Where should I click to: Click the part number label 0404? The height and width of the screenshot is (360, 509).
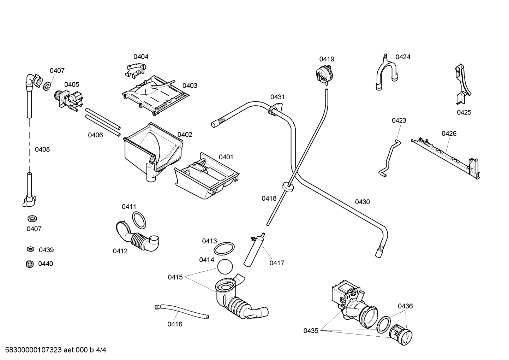pyautogui.click(x=141, y=57)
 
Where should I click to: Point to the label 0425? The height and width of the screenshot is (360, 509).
pyautogui.click(x=464, y=112)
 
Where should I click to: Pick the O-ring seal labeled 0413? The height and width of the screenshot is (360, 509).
pyautogui.click(x=224, y=248)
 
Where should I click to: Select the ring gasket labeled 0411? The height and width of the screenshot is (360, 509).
pyautogui.click(x=139, y=220)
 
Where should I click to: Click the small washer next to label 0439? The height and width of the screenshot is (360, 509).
pyautogui.click(x=31, y=249)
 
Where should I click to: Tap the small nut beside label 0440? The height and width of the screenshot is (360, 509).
pyautogui.click(x=30, y=264)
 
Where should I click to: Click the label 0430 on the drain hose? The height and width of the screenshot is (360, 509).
pyautogui.click(x=362, y=202)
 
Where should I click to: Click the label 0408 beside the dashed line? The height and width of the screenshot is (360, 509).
pyautogui.click(x=42, y=149)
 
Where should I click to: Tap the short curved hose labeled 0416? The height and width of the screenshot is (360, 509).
pyautogui.click(x=181, y=312)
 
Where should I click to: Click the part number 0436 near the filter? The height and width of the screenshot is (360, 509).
pyautogui.click(x=405, y=306)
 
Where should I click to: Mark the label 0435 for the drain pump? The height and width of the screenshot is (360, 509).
pyautogui.click(x=311, y=331)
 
